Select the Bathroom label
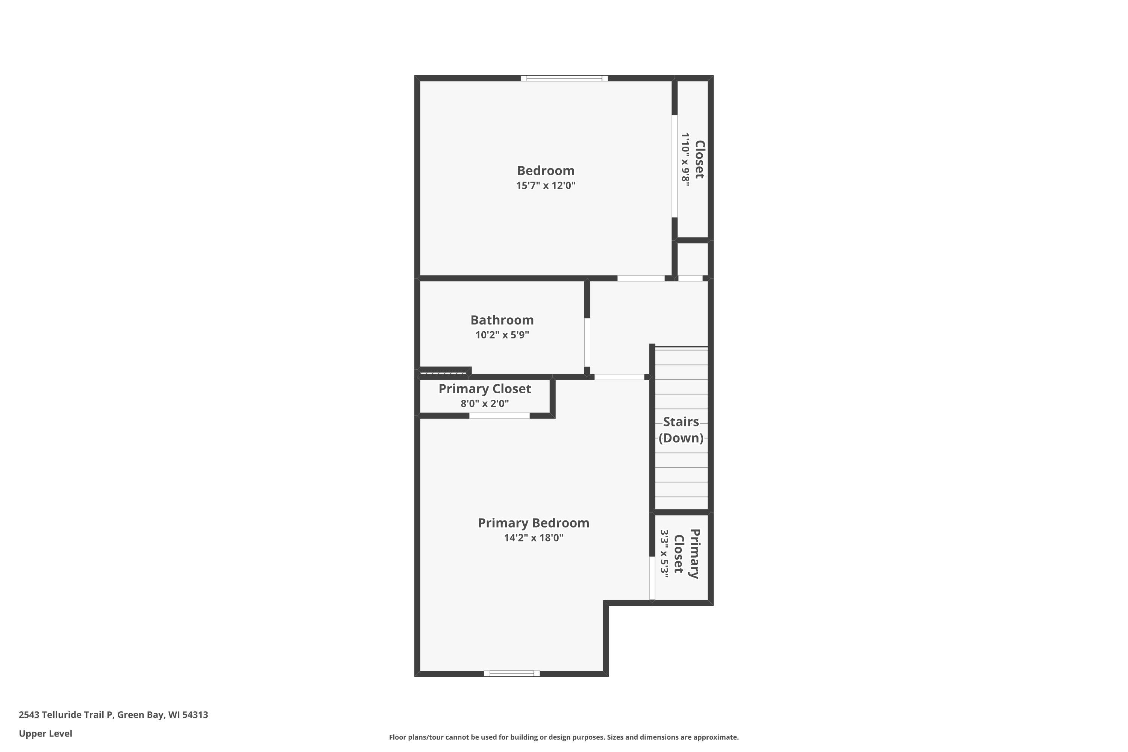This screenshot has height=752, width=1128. [502, 320]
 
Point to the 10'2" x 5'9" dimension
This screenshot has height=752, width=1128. [502, 335]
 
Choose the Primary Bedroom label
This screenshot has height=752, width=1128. [533, 523]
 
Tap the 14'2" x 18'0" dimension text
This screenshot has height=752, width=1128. [533, 538]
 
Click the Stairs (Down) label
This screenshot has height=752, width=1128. [681, 430]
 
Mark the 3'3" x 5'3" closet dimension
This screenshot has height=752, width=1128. [664, 554]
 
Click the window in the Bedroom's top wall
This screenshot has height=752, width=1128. [564, 78]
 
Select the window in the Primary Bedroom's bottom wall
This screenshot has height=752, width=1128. [512, 673]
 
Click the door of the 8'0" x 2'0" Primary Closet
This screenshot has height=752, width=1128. [499, 416]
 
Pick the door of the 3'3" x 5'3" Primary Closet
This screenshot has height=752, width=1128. [652, 578]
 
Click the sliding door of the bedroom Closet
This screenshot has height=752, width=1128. [674, 166]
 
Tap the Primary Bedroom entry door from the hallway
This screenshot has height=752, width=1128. [619, 377]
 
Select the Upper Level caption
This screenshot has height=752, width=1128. [45, 733]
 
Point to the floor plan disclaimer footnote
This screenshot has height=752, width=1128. [564, 737]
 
